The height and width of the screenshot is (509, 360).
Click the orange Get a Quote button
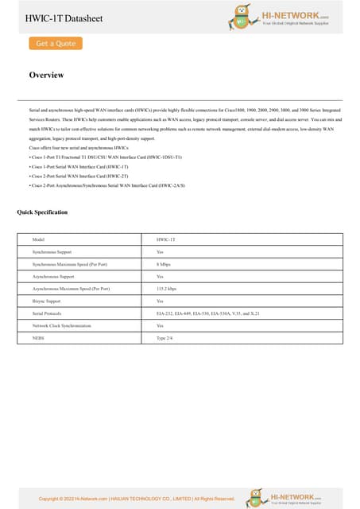click(x=56, y=44)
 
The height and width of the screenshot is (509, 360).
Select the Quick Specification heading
click(x=42, y=212)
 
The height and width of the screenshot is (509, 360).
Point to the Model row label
click(x=38, y=239)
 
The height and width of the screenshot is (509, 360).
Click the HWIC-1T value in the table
click(x=165, y=239)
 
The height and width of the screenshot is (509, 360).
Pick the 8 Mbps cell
click(x=164, y=263)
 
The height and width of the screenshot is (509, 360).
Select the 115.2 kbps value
click(x=166, y=289)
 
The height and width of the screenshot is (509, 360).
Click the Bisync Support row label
click(x=47, y=301)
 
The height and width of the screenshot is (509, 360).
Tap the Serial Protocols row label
click(x=47, y=313)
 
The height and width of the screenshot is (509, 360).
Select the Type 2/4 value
click(x=165, y=338)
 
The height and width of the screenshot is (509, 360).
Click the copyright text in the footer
click(x=137, y=499)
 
